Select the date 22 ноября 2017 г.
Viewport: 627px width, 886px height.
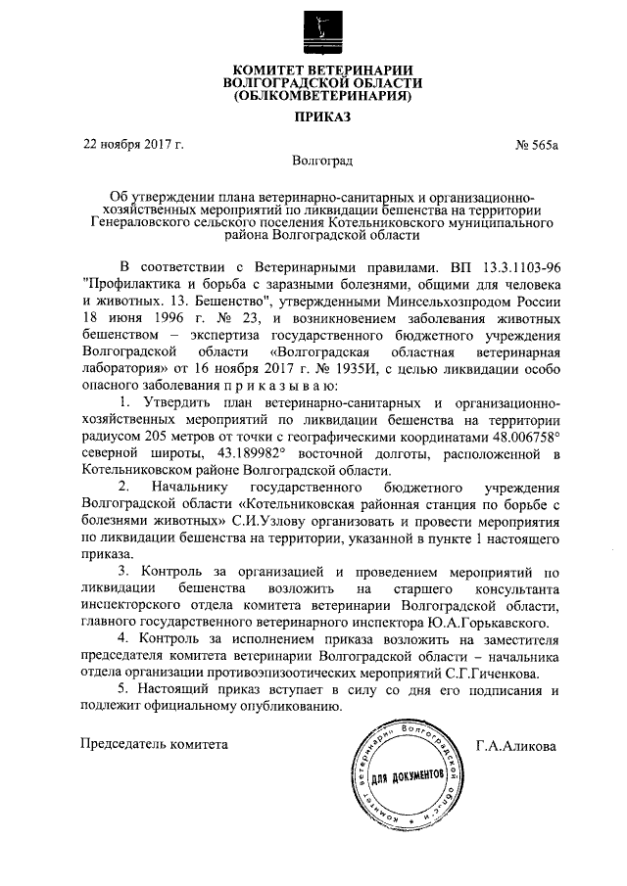[x=133, y=146]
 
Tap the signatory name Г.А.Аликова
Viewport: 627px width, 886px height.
[x=514, y=745]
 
